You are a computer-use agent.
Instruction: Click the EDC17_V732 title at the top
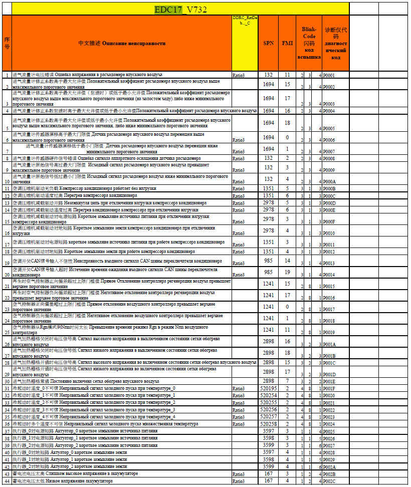click(180, 9)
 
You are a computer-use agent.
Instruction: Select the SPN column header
click(268, 43)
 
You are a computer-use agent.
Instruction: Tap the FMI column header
click(288, 43)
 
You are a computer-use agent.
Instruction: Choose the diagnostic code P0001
click(329, 75)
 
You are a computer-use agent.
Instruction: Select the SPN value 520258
click(269, 423)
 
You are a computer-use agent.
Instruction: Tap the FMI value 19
click(288, 272)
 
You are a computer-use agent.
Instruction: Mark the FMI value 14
click(288, 261)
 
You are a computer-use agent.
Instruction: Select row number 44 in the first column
click(7, 481)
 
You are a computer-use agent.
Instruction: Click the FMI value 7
click(288, 381)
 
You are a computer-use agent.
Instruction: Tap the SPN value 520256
click(269, 409)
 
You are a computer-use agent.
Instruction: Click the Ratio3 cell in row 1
click(239, 75)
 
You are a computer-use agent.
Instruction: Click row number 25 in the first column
click(7, 332)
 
